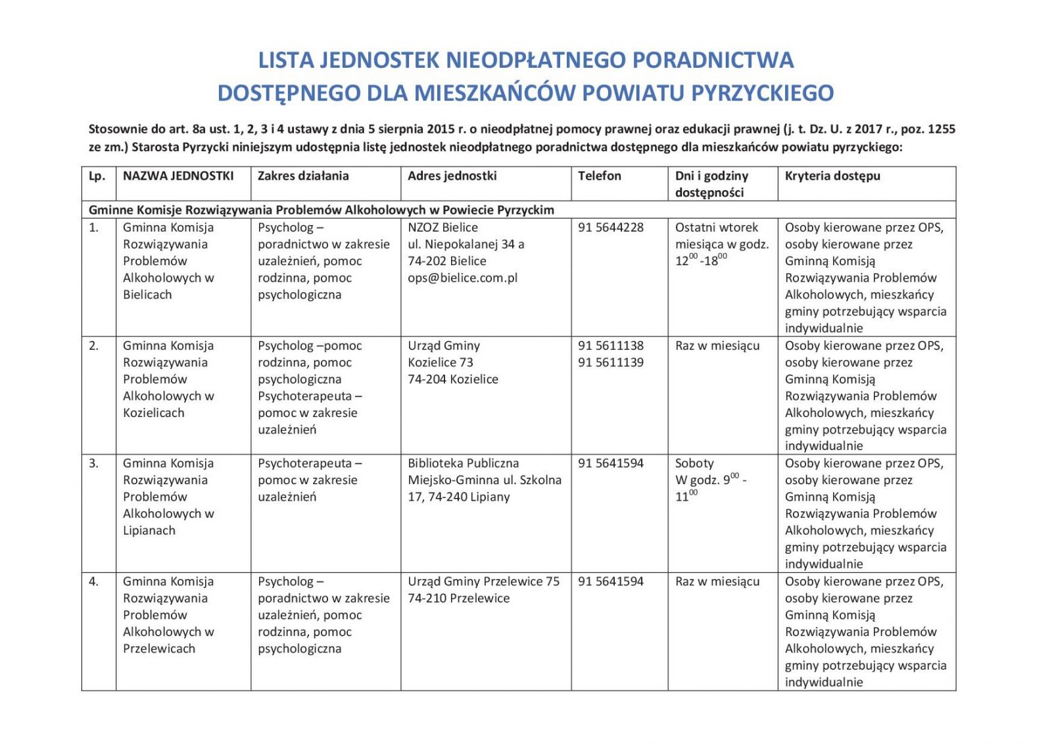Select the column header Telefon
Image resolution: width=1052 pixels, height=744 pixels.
[x=599, y=176]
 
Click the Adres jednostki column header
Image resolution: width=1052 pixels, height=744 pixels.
[x=452, y=176]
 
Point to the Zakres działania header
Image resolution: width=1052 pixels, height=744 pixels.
[x=302, y=176]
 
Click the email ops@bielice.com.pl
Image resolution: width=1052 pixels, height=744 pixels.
[x=462, y=278]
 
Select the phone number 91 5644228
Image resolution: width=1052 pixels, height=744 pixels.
[x=610, y=228]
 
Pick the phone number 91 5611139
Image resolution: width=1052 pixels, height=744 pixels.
[x=610, y=362]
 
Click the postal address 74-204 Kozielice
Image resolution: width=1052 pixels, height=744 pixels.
[x=452, y=380]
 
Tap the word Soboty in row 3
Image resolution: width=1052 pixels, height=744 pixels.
[x=694, y=463]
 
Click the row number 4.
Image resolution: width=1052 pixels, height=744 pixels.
[x=93, y=582]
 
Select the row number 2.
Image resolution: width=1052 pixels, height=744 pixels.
[x=93, y=346]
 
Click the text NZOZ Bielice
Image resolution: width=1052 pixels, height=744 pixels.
[x=442, y=228]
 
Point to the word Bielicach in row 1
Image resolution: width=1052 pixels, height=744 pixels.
[x=147, y=295]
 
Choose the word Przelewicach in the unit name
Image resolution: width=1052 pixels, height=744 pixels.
[x=159, y=649]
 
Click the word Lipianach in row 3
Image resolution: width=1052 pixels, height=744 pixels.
[x=149, y=530]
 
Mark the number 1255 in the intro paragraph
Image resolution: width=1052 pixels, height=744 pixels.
[x=940, y=129]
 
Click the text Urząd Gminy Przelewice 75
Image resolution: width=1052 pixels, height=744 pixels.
[x=483, y=582]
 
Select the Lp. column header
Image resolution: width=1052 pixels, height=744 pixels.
[x=97, y=176]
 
